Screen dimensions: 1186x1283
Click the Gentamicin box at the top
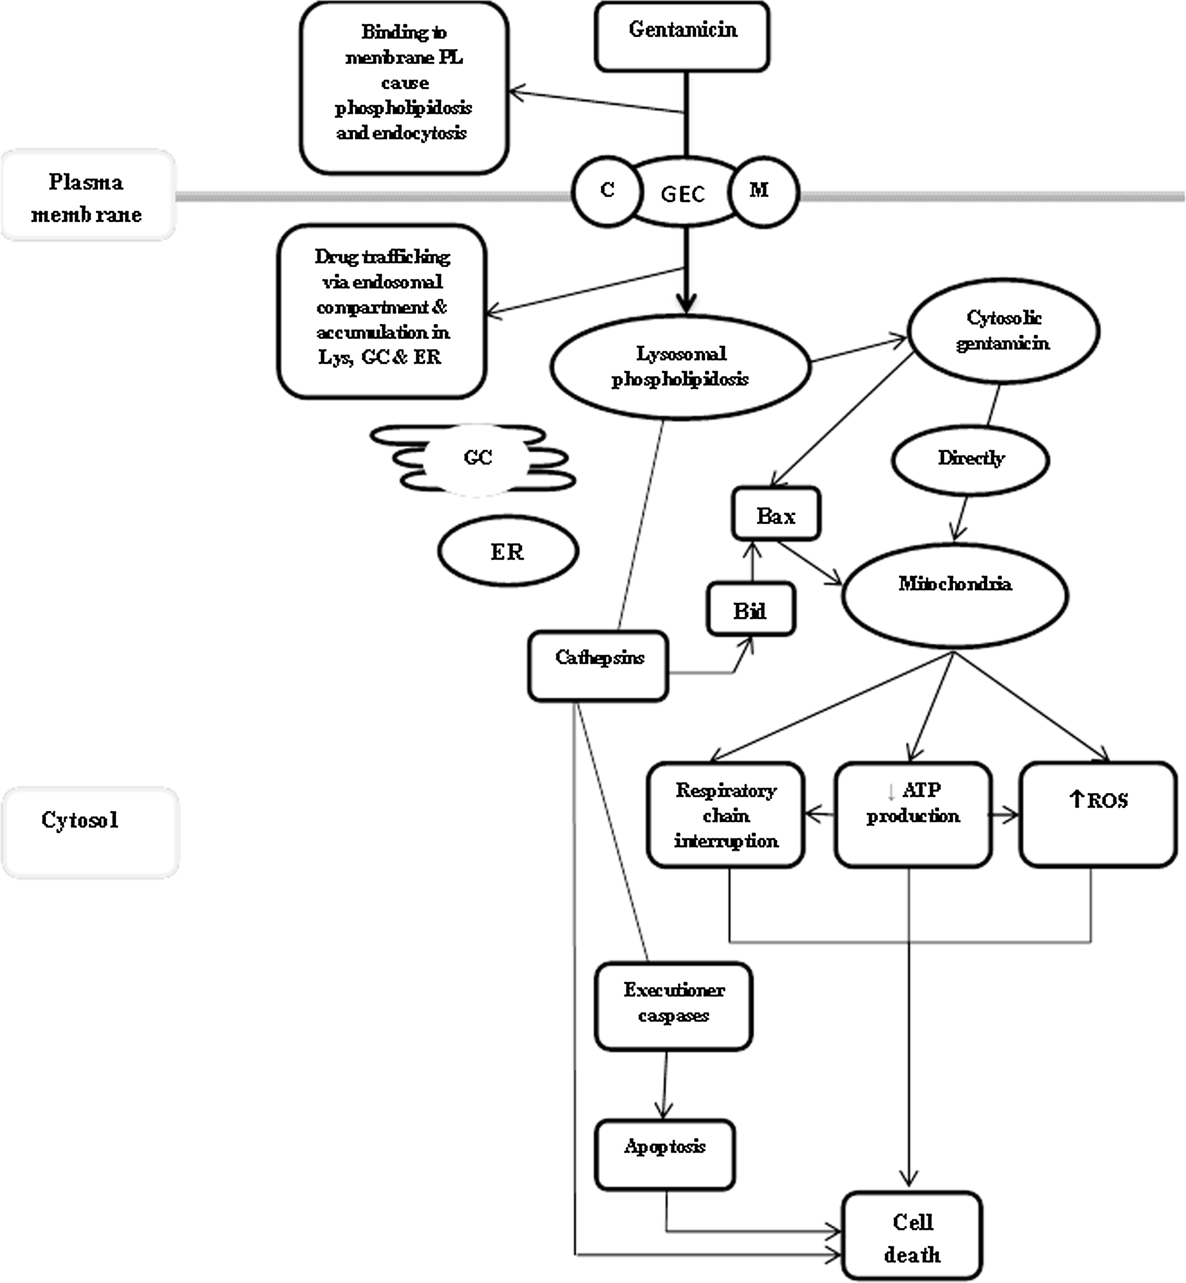coord(682,36)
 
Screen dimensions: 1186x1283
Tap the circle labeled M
coord(763,191)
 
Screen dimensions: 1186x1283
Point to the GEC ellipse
coord(684,191)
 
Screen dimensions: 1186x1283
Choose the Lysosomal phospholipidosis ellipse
coord(680,367)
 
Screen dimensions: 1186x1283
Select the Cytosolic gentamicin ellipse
coord(1002,331)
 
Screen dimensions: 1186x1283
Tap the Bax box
coord(776,513)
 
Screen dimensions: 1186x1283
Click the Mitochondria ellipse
coord(955,595)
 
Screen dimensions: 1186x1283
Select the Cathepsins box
coord(598,666)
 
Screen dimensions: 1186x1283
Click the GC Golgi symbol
coord(475,458)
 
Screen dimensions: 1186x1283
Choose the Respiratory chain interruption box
coord(725,815)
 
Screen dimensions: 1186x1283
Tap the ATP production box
coord(913,815)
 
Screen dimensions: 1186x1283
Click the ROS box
coord(1098,815)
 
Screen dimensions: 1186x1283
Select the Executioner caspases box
coord(673,1006)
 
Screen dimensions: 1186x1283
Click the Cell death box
coord(912,1236)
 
